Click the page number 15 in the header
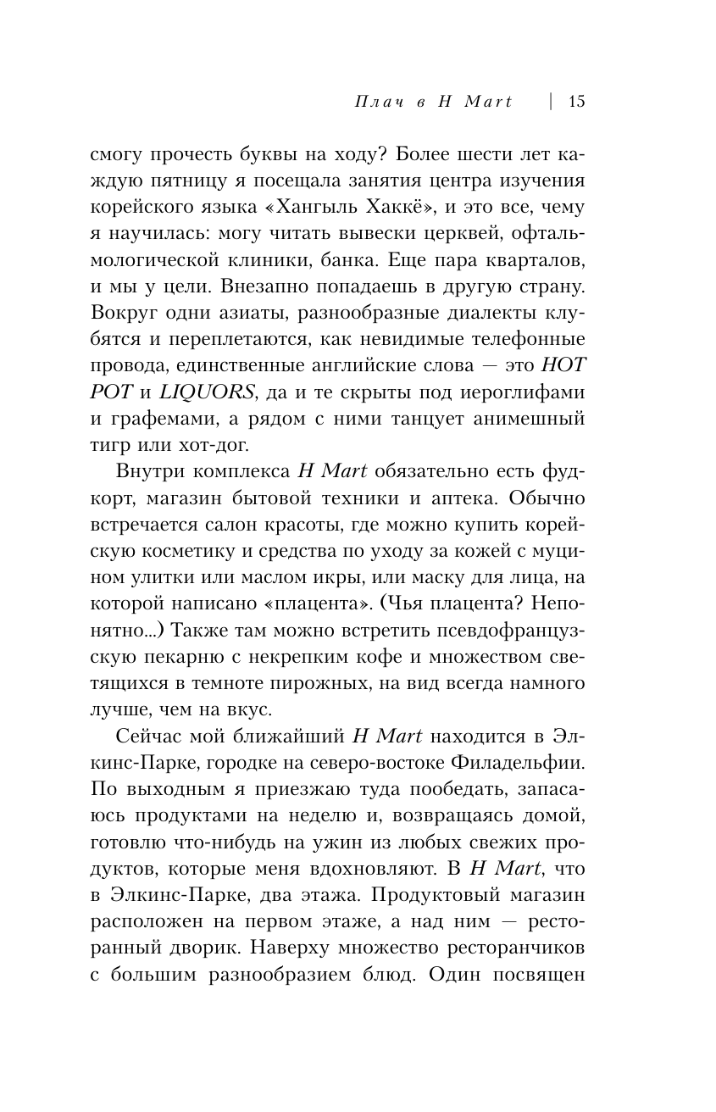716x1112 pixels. coord(577,102)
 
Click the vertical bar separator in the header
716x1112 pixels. coord(551,102)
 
